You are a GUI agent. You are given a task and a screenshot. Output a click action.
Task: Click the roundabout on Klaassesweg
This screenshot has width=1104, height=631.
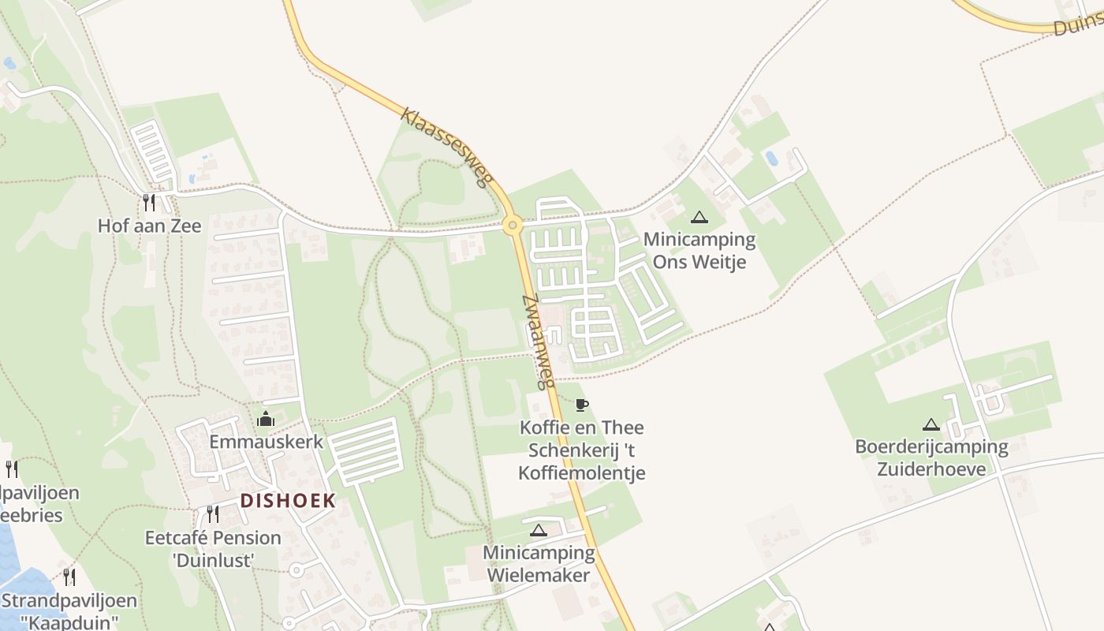(x=513, y=226)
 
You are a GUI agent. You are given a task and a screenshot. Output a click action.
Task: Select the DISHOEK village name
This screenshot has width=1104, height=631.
(x=288, y=500)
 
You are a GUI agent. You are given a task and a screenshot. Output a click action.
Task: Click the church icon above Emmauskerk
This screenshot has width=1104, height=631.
(x=266, y=418)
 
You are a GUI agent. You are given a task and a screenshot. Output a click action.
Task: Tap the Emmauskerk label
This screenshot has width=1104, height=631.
(x=266, y=442)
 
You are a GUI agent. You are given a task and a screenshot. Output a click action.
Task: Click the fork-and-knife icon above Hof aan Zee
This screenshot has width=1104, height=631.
(x=149, y=203)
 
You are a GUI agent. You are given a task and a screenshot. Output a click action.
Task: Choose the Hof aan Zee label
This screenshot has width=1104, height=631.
(x=149, y=226)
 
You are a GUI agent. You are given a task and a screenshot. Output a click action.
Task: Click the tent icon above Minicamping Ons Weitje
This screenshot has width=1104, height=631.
(x=699, y=217)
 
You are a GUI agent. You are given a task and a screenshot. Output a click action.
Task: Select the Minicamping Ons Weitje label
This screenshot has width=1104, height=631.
(x=699, y=251)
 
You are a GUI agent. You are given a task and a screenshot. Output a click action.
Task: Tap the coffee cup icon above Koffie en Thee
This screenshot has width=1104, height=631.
(x=582, y=405)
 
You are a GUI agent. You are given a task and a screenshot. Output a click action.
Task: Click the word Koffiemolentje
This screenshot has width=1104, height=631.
(x=582, y=473)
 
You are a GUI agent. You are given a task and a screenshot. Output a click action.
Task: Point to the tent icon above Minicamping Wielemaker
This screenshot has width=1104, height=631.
(x=539, y=530)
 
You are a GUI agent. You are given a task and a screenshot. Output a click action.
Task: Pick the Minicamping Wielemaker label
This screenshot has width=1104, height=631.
(x=539, y=564)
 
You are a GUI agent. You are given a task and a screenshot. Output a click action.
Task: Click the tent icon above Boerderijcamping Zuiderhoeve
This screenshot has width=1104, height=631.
(x=931, y=424)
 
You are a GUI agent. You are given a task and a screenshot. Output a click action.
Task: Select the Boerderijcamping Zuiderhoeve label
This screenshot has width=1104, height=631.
(x=931, y=458)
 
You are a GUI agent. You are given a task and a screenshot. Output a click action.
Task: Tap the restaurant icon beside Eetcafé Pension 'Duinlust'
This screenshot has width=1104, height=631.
(x=212, y=514)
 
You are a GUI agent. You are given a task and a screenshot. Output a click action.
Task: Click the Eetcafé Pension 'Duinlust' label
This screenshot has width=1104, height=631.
(x=213, y=549)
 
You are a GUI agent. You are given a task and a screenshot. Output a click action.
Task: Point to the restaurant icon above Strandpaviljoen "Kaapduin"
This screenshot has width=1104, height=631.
(x=69, y=577)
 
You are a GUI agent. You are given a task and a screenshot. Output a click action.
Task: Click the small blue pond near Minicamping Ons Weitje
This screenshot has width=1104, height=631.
(x=771, y=159)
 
